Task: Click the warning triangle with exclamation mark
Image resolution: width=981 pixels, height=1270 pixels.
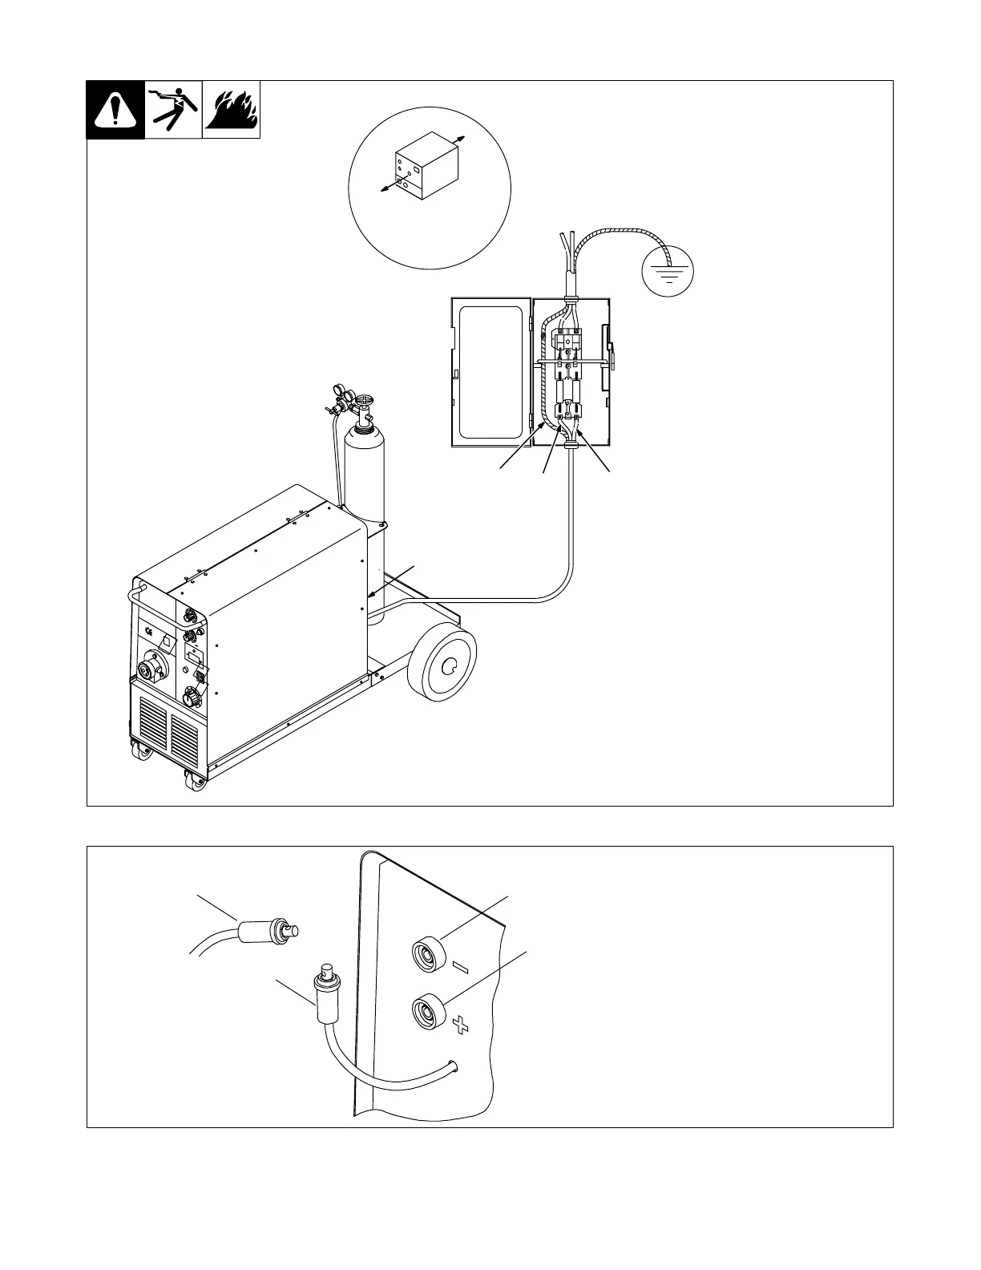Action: coord(115,111)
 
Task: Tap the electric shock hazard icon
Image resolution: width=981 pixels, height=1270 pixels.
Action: coord(173,110)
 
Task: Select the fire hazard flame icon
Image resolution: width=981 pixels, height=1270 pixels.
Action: coord(231,110)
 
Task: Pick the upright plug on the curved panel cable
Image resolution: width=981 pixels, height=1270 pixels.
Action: coord(325,991)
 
